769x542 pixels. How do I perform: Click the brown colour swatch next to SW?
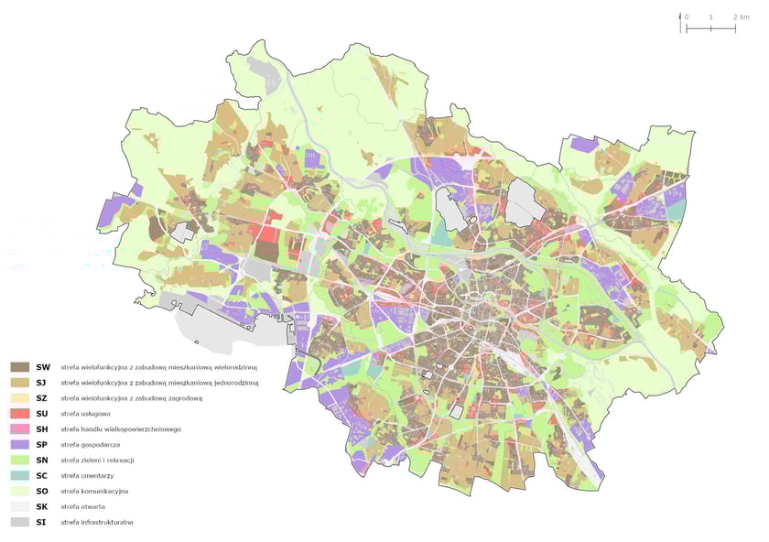pos(19,366)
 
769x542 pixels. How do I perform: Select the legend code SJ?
pos(43,382)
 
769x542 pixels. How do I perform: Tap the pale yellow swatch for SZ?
pos(19,397)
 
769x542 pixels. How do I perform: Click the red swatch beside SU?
pos(19,413)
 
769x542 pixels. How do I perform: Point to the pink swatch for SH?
pos(19,428)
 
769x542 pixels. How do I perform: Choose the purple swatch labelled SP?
pos(19,444)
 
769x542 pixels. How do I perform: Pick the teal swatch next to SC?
pos(19,475)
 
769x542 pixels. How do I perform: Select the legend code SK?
pos(43,506)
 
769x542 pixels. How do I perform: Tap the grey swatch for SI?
pos(19,522)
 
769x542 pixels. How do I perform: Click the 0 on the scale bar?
pos(688,18)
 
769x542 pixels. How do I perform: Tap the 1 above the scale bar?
pos(711,18)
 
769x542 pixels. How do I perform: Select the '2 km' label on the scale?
pos(741,18)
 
